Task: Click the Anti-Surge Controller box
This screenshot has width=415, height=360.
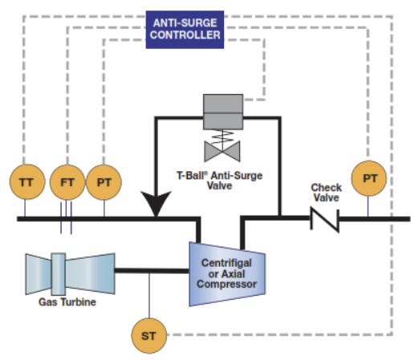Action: point(185,30)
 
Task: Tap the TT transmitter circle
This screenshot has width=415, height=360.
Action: point(27,182)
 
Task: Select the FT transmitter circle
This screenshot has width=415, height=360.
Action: point(67,182)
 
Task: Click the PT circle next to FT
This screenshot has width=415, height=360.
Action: point(104,182)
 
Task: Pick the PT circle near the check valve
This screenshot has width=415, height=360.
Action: point(369,178)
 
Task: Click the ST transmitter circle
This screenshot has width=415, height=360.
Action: point(149,336)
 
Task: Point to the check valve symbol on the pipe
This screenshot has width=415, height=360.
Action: point(325,219)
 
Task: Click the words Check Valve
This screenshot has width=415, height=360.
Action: point(326,193)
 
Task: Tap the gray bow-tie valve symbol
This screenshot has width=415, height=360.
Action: point(222,152)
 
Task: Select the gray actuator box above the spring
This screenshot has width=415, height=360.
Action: point(223,112)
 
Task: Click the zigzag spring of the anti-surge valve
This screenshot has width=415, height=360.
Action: point(222,137)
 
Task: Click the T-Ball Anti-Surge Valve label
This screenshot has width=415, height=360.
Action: point(219,181)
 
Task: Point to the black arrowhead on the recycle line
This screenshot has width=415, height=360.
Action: point(156,203)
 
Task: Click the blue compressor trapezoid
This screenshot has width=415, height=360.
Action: point(227,274)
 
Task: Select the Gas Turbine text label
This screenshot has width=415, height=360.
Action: point(67,302)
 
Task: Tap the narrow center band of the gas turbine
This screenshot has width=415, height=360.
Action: point(59,274)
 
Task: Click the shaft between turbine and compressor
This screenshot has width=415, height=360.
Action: point(152,271)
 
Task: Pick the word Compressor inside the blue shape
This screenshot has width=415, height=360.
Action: point(226,284)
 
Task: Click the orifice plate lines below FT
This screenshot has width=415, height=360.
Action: point(66,218)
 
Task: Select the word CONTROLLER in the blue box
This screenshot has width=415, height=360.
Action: point(185,35)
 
